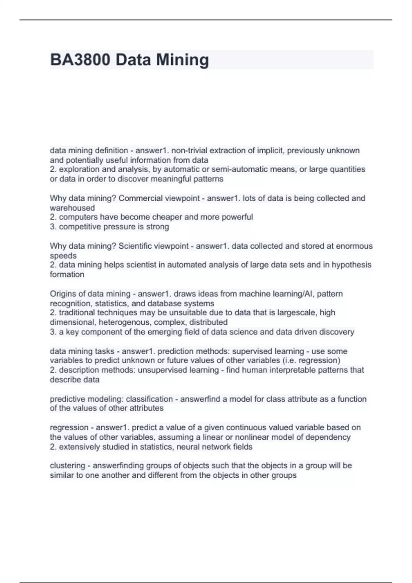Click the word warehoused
click(72, 208)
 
